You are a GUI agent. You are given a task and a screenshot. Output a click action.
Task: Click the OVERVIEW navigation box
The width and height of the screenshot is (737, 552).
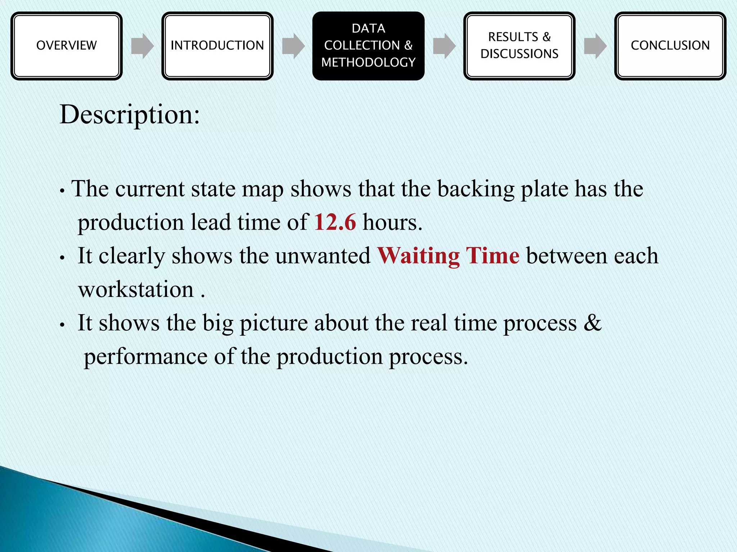67,46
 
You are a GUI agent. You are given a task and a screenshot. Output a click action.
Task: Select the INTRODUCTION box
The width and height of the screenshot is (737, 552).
217,46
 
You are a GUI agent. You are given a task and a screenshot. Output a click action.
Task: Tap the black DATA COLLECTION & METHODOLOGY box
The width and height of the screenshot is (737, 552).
368,46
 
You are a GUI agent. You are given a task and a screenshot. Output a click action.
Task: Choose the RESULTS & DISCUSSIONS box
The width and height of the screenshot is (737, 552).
519,46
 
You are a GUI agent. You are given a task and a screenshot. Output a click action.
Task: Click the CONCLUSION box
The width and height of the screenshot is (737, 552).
670,46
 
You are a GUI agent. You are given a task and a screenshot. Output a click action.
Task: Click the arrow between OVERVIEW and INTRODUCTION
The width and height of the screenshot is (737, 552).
142,46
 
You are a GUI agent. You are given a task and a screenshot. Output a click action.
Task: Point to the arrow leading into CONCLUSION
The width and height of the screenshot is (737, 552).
595,46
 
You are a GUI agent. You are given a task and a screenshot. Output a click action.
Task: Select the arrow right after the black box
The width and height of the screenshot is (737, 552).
444,46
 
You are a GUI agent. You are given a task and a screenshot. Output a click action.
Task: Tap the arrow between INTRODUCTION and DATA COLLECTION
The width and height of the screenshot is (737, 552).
293,46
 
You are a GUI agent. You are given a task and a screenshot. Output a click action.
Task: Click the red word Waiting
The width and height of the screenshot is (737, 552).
418,256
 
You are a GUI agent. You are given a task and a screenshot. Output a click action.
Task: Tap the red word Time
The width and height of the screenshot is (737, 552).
492,256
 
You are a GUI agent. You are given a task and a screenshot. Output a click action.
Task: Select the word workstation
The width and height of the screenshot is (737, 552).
136,290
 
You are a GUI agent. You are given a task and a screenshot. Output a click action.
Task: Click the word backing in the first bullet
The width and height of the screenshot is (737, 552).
476,189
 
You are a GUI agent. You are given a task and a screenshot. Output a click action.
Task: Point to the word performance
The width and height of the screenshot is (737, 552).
145,357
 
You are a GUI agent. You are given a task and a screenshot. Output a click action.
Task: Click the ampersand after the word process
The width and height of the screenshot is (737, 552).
592,322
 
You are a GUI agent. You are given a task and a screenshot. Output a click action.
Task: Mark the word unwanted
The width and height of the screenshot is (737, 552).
323,256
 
